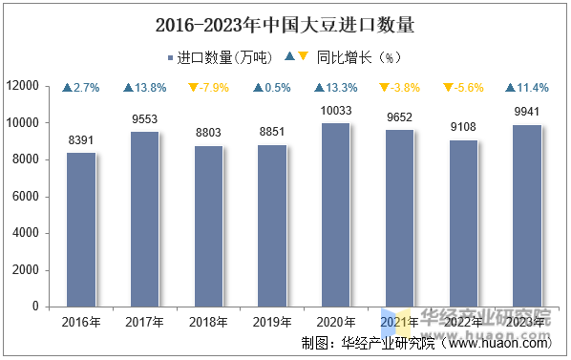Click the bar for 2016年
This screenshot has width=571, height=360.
coord(81,230)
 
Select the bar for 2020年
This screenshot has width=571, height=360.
coord(335,215)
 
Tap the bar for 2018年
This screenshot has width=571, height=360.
coord(208,226)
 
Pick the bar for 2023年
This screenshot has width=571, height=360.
coord(526,216)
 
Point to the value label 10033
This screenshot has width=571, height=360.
coord(335,111)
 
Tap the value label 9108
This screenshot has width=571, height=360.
coord(462,128)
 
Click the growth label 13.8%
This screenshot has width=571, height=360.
coord(145,88)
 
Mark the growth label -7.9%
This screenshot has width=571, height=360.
coord(208,88)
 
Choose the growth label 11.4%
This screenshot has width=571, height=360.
coord(526,88)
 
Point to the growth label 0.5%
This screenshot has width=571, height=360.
coord(272,88)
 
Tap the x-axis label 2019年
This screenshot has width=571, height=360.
coord(272,322)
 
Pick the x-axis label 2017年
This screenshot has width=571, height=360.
coord(145,322)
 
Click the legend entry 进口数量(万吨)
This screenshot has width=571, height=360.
coord(219,57)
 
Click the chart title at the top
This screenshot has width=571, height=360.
coord(285,22)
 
